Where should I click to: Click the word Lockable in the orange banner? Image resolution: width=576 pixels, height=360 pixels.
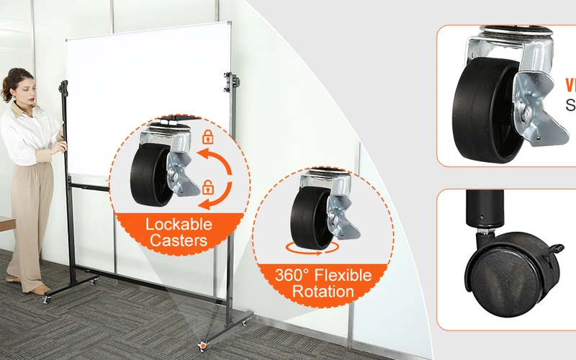(180, 223)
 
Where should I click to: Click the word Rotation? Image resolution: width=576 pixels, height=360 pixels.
(323, 292)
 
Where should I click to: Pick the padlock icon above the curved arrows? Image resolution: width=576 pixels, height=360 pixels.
(208, 136)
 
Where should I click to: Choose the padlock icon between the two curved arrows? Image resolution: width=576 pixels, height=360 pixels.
(208, 187)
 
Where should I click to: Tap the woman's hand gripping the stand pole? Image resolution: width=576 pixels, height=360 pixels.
(62, 145)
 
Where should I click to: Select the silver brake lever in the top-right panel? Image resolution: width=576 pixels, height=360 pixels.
(536, 108)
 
